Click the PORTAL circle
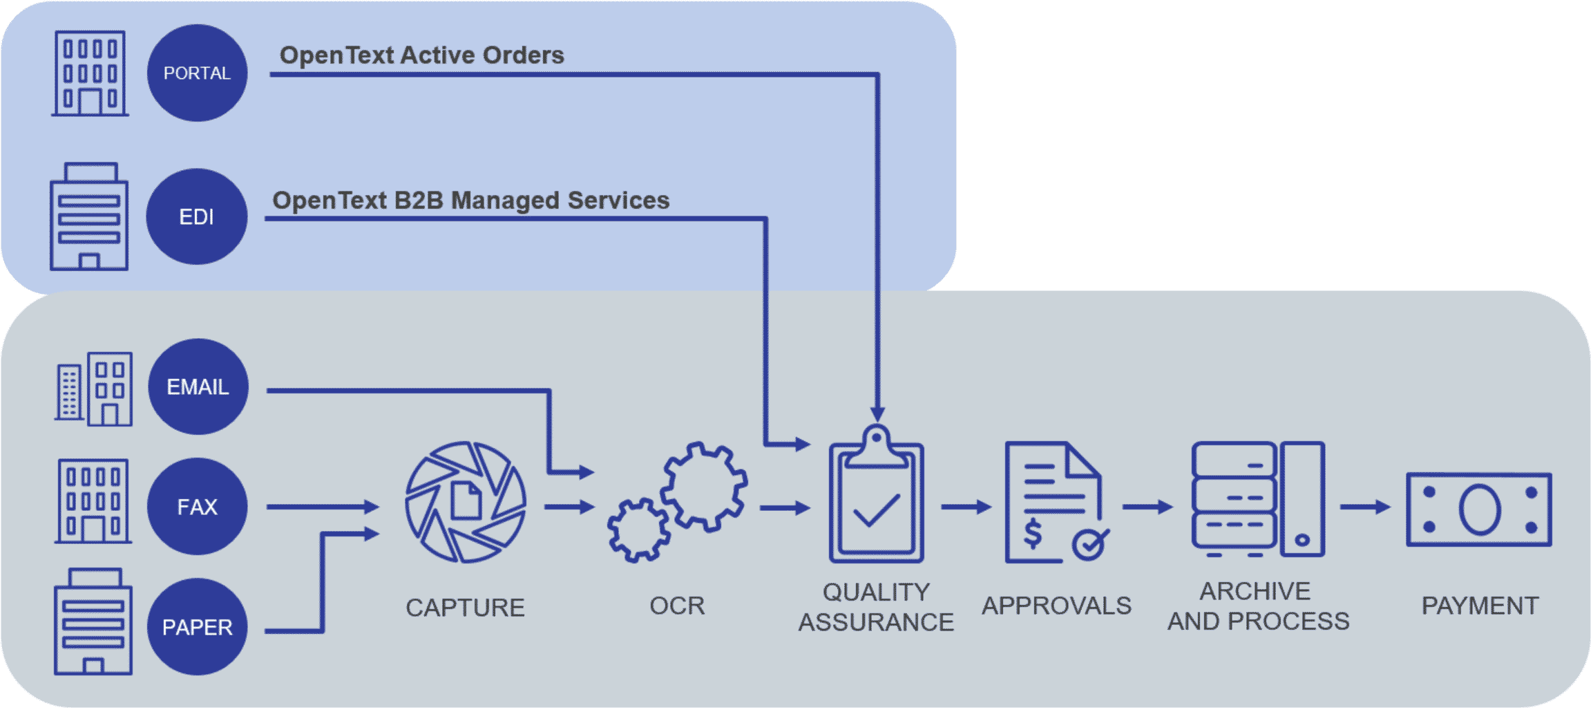(197, 73)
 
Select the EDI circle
(197, 216)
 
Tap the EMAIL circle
(198, 386)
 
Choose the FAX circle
(197, 506)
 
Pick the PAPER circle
(197, 626)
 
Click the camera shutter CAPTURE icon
(466, 502)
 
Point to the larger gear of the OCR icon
(703, 487)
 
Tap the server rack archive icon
(1257, 499)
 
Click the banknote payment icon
(1479, 510)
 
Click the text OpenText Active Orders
(421, 55)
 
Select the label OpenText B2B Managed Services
(470, 200)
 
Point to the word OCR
(676, 606)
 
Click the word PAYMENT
(1479, 606)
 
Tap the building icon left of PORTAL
(90, 73)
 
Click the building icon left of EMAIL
(93, 389)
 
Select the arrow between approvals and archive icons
(1147, 507)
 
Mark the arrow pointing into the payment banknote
(1364, 507)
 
